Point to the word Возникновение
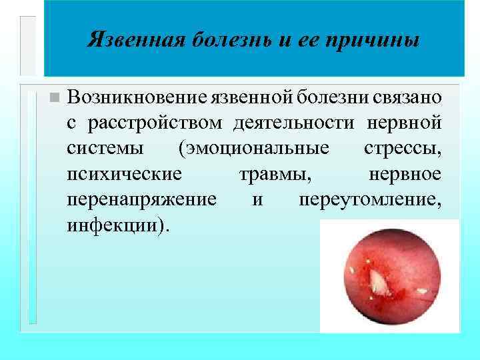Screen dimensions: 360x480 [x=137, y=97]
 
